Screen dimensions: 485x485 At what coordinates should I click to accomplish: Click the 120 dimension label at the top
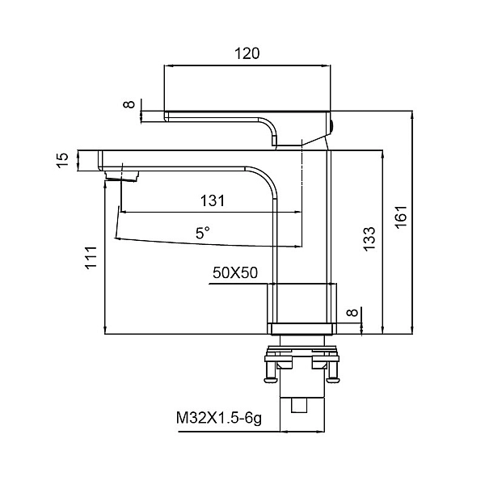point(247,53)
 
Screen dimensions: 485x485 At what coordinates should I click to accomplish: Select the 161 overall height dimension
point(402,217)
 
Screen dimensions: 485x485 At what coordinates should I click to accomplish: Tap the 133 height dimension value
point(369,239)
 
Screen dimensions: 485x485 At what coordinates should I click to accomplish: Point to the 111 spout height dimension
point(91,258)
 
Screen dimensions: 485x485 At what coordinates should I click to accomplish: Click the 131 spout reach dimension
point(213,200)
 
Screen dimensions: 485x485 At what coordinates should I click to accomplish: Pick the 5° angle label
point(203,233)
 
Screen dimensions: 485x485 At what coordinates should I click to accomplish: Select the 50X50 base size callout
point(235,273)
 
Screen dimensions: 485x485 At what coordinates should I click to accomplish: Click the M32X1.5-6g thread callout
point(219,419)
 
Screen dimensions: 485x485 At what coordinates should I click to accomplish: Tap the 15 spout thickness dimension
point(62,161)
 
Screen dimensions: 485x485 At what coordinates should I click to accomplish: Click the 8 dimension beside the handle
point(129,104)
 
